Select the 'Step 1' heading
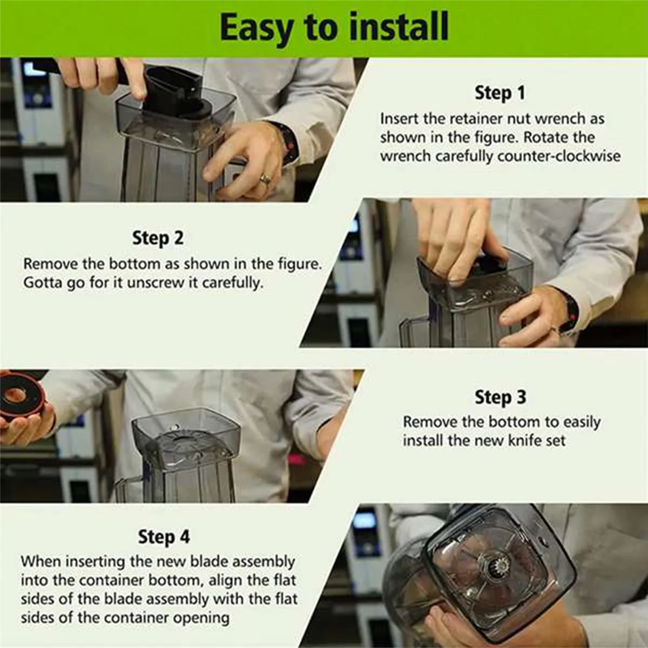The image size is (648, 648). coord(500,93)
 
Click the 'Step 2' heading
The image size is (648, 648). coord(158,238)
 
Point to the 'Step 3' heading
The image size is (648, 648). coord(501,397)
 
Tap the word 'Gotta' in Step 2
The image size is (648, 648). coord(43,283)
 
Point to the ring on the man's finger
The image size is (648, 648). coord(265,178)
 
